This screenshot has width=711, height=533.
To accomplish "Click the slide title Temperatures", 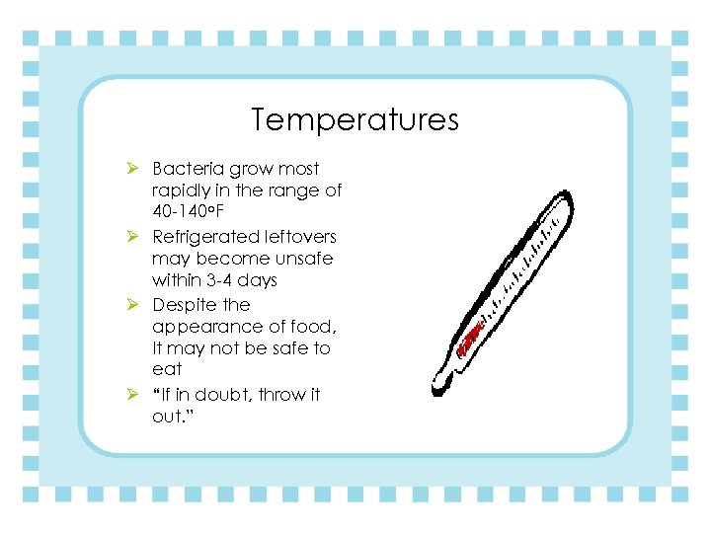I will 355,120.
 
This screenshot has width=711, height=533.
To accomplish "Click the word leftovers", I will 299,237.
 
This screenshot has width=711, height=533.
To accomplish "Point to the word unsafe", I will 305,259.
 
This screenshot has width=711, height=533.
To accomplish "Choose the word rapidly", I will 183,191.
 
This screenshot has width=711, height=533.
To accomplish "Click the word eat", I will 167,370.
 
